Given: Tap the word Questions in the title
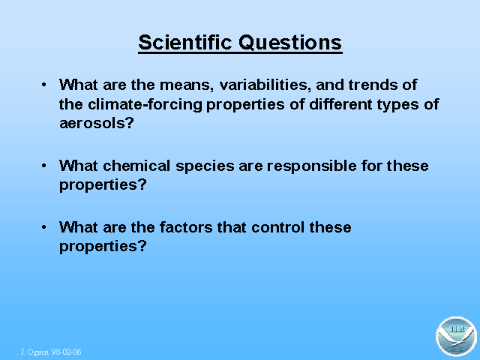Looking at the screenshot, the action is tap(290, 42).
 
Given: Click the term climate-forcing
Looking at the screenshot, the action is tap(145, 104).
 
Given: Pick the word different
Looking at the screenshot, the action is tap(340, 104).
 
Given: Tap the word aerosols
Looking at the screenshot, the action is tap(97, 123).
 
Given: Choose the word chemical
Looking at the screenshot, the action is tap(136, 166).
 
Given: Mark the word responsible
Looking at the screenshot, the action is tap(312, 166).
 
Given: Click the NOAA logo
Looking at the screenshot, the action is tap(456, 337).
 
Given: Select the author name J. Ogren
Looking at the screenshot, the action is tap(35, 352).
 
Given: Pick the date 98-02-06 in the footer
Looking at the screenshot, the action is tap(66, 352).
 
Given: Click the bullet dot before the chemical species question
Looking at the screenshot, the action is tap(44, 166).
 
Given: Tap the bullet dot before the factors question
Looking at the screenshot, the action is tap(44, 227).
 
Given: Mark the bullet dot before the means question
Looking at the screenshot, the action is tap(44, 85).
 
